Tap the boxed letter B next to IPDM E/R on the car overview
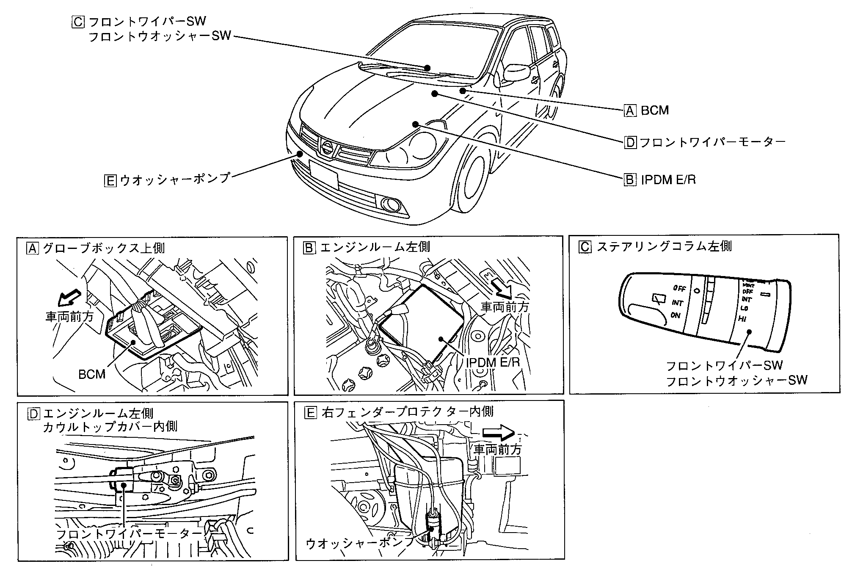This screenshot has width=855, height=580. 630,180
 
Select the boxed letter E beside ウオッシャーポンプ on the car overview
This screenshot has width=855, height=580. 110,180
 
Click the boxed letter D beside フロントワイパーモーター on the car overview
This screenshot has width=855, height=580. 630,142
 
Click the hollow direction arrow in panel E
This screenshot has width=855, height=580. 499,432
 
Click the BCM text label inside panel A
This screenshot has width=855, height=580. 92,374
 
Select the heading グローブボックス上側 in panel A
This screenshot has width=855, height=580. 104,248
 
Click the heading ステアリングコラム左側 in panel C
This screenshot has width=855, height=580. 664,246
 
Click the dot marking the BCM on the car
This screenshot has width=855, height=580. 463,91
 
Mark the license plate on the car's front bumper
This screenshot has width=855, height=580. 323,174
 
